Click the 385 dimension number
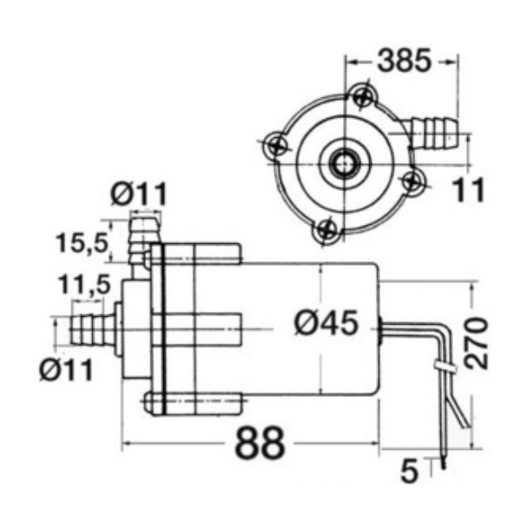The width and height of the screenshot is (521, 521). tap(405, 60)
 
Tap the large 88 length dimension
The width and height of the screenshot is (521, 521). tap(260, 444)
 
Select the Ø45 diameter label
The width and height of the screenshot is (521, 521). tap(326, 323)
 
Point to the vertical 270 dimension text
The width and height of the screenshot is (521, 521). tap(476, 343)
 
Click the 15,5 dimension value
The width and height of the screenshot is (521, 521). tap(82, 242)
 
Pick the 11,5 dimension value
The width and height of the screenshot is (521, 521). tap(83, 285)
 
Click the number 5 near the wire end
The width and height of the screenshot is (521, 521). tap(409, 471)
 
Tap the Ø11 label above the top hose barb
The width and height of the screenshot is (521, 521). tap(139, 194)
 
